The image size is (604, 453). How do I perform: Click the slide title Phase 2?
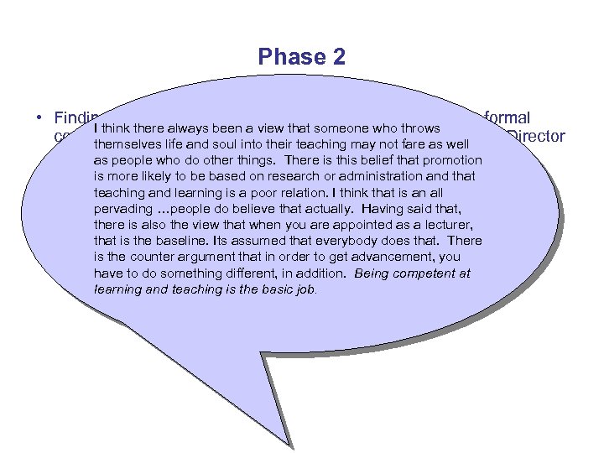301,57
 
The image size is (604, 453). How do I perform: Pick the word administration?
354,176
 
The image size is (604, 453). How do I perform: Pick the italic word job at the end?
301,289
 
